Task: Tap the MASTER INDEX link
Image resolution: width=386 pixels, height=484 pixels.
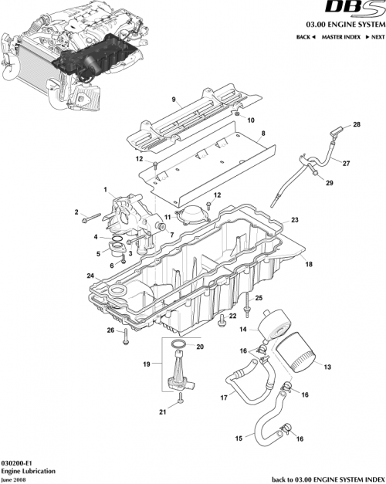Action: pyautogui.click(x=340, y=37)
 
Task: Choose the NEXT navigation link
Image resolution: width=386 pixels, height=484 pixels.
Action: pyautogui.click(x=374, y=37)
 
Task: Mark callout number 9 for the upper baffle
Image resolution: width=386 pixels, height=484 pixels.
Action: pyautogui.click(x=174, y=99)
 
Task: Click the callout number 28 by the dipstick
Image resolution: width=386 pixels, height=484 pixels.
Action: pyautogui.click(x=357, y=125)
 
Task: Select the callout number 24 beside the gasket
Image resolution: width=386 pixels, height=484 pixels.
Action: pyautogui.click(x=90, y=276)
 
